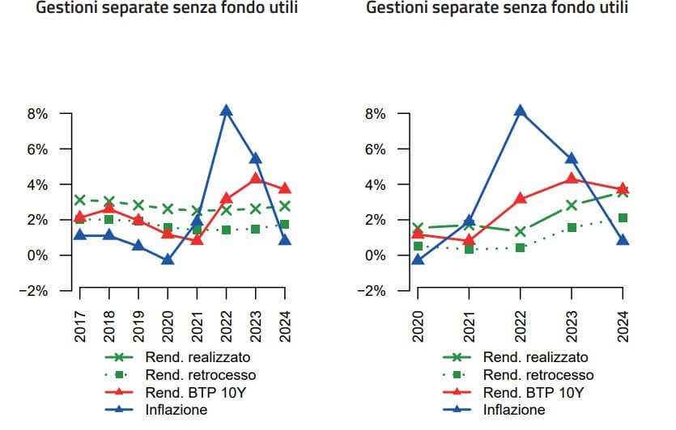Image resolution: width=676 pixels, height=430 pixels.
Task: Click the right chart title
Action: pos(497,9)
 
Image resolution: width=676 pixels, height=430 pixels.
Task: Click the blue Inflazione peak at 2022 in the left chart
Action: pos(227,111)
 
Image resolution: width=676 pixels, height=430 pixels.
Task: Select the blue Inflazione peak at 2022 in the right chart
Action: pos(519,111)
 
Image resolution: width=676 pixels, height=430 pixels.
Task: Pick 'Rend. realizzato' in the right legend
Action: pos(535,356)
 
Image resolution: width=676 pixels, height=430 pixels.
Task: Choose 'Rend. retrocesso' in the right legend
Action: pos(538,374)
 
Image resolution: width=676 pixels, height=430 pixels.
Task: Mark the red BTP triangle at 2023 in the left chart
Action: pos(256,178)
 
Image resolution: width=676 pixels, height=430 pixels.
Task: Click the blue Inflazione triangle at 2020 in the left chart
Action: pos(168,259)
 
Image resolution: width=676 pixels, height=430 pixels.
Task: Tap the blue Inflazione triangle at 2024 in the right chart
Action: pos(623,240)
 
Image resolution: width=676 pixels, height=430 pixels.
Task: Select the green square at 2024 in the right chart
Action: pos(623,217)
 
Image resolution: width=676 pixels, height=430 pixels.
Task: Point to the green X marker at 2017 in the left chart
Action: pos(80,200)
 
